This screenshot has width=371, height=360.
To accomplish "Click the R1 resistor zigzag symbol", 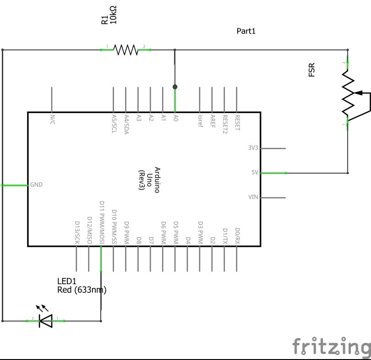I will pos(125,49).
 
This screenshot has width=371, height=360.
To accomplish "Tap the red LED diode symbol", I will pos(45,321).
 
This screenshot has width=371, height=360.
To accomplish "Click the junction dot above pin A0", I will pos(175,86).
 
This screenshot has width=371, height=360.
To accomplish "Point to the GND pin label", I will pos(36,185).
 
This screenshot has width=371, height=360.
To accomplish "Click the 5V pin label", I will pos(255,173).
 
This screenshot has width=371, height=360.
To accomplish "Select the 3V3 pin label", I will pos(253,148).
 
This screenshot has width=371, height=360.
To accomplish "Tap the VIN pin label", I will pos(253,197).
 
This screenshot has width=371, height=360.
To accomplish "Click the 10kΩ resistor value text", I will pos(114,16).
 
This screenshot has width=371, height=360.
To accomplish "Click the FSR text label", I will pos(312,70).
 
